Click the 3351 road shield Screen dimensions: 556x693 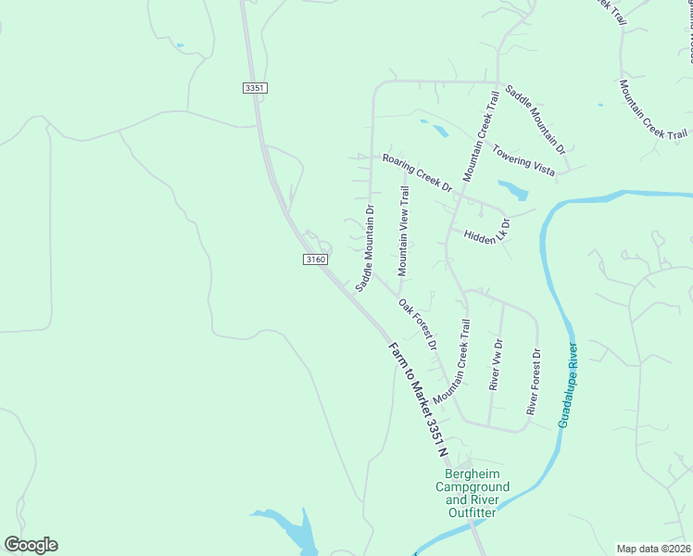256,88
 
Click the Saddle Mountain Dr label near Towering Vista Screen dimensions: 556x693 535,120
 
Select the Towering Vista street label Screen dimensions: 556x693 523,159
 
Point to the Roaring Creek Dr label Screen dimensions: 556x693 417,172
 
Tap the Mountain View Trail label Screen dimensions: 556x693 403,231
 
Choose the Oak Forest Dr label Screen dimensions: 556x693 419,323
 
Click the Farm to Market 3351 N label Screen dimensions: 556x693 418,401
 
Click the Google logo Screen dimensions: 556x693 31,545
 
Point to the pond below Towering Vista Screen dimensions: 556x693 513,190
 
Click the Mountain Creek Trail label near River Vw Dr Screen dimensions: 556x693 453,360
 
